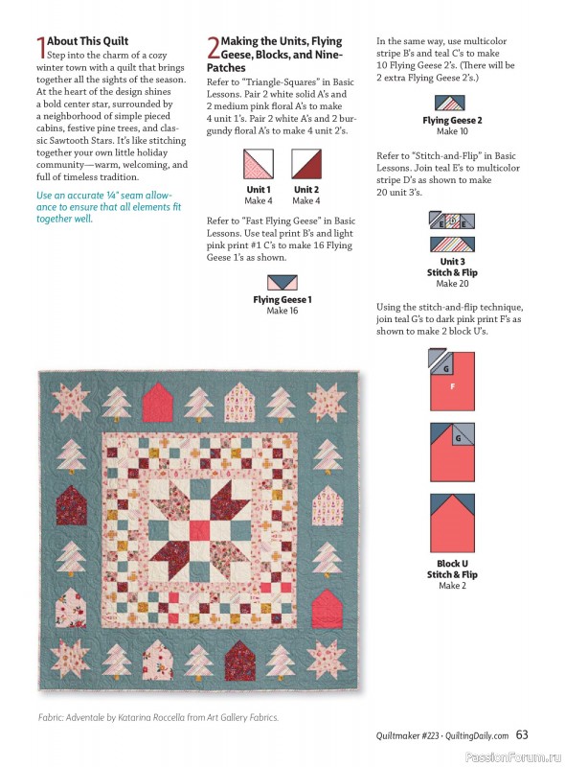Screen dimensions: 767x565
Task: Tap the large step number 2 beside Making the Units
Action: (213, 47)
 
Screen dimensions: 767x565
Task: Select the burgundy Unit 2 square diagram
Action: (305, 164)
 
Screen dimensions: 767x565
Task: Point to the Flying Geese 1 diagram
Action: (282, 282)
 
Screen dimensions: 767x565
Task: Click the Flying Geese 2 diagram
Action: (452, 99)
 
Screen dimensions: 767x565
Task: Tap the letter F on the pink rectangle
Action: (453, 385)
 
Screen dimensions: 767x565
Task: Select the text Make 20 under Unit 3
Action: (446, 284)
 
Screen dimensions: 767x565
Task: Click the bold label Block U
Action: (452, 564)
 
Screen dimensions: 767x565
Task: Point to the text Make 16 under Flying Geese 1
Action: (282, 311)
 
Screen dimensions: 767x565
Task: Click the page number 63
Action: (522, 734)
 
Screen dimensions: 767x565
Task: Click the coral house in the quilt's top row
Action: (156, 403)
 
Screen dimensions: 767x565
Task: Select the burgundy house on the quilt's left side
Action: (69, 497)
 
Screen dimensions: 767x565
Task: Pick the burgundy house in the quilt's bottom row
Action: (239, 660)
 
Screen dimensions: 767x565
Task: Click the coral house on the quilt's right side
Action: (327, 605)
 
